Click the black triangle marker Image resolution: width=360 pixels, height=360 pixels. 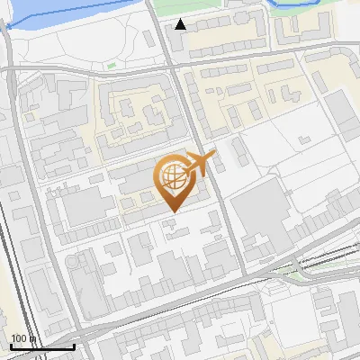(182, 24)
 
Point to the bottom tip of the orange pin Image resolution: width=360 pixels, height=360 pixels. (173, 211)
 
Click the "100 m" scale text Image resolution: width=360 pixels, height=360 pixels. (23, 338)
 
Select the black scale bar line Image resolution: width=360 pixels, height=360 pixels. (41, 346)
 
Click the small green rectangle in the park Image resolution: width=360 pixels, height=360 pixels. (112, 65)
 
